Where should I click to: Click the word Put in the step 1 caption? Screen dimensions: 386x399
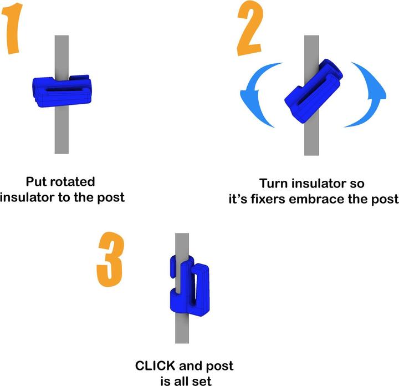coord(37,182)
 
